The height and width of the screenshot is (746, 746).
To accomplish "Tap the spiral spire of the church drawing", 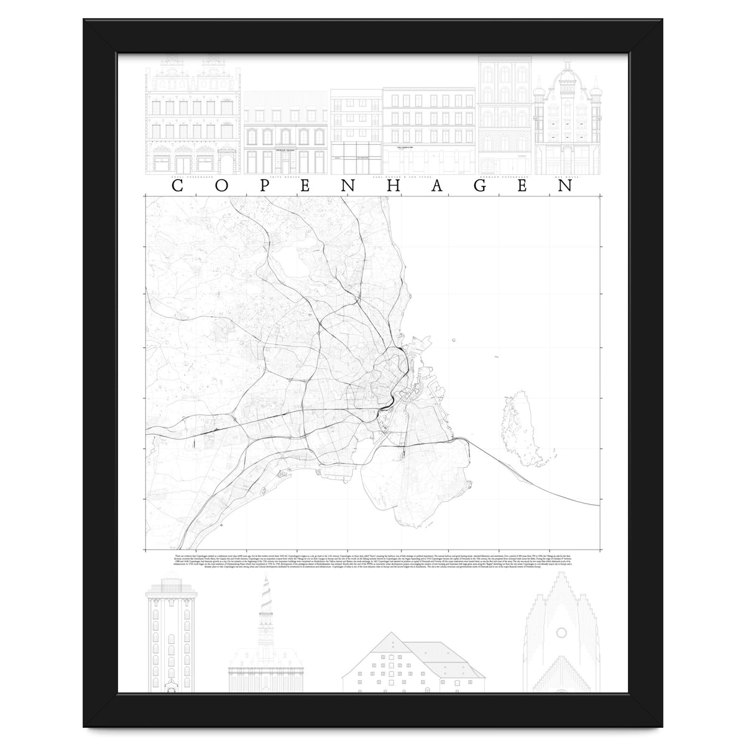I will pos(265,597).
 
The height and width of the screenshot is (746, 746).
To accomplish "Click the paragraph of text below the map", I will pos(373,559).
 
